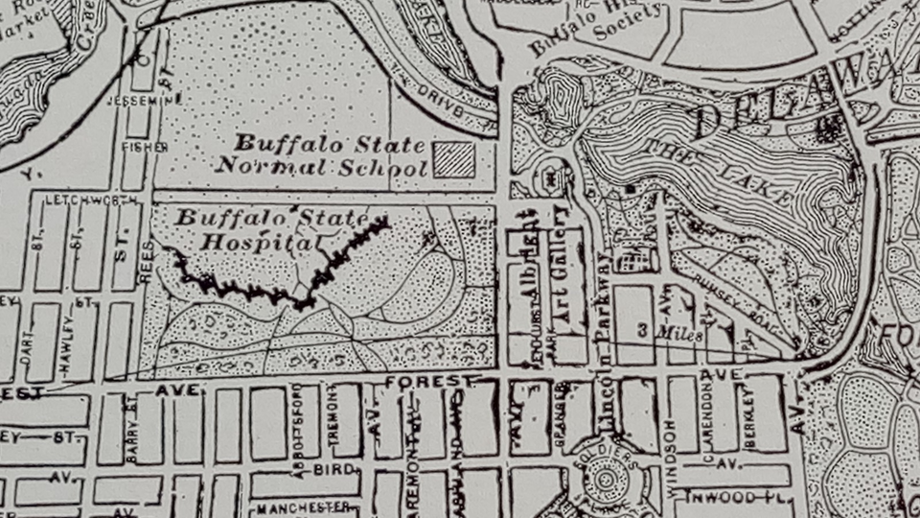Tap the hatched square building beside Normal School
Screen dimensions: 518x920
[x=452, y=159]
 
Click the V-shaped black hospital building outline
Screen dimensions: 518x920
[x=287, y=278]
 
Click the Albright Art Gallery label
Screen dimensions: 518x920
[x=541, y=278]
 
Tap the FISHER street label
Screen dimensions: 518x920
[x=143, y=147]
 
